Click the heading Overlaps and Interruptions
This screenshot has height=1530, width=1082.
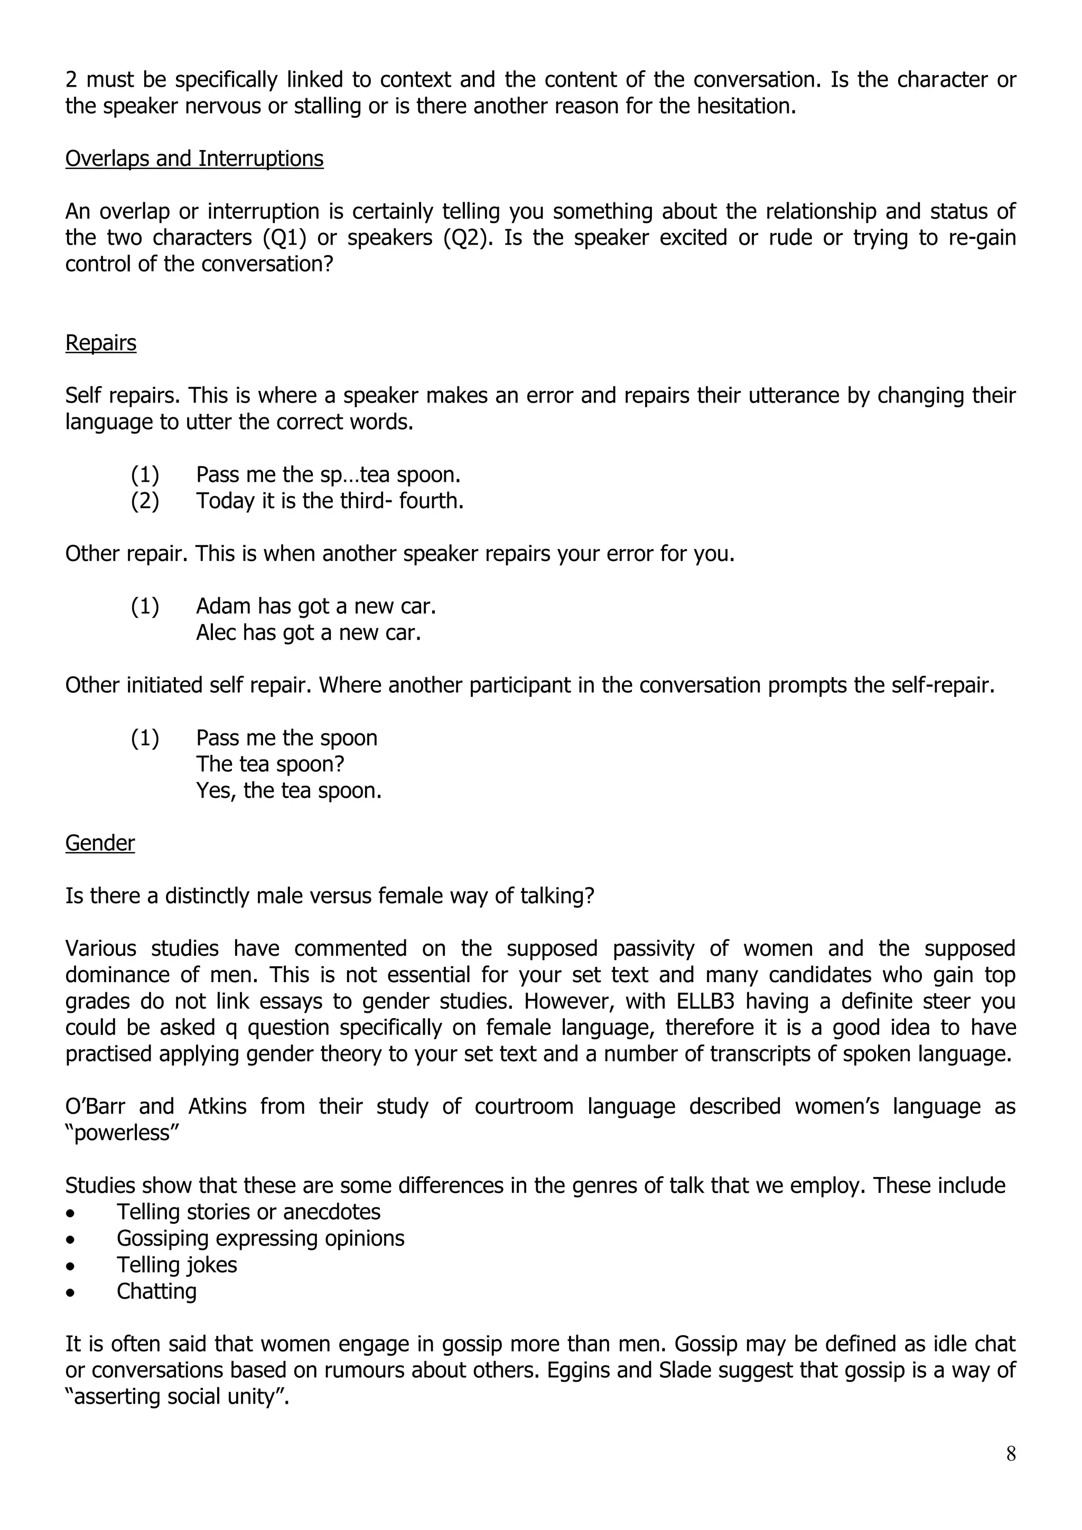(194, 158)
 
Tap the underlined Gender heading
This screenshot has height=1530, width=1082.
(100, 843)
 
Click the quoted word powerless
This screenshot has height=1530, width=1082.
(122, 1133)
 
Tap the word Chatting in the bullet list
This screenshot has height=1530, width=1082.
(156, 1291)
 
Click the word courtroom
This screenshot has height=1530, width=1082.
(524, 1106)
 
